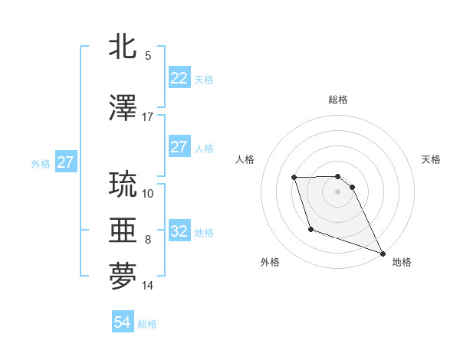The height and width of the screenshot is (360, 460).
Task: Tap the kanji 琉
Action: pos(123,185)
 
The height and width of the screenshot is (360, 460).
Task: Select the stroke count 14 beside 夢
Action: pos(147,286)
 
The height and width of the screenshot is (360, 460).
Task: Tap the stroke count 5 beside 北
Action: pos(147,56)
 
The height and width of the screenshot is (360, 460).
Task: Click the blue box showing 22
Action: pos(179,78)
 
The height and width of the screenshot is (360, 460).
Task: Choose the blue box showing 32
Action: pos(179,231)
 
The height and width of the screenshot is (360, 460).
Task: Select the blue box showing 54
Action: pos(123,322)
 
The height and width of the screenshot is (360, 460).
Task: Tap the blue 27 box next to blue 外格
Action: pos(66,162)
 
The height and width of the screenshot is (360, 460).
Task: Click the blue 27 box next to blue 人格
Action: pos(179,147)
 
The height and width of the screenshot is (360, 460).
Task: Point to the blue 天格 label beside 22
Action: pos(204,79)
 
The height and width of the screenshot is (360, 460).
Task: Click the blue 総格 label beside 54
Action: pos(147,324)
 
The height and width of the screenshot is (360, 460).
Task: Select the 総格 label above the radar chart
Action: pos(337,100)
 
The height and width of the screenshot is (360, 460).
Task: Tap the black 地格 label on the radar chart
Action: pos(402,262)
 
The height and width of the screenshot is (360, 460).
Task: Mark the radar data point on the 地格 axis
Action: pos(383,253)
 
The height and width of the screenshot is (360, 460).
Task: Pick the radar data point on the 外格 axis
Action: pos(310,229)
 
